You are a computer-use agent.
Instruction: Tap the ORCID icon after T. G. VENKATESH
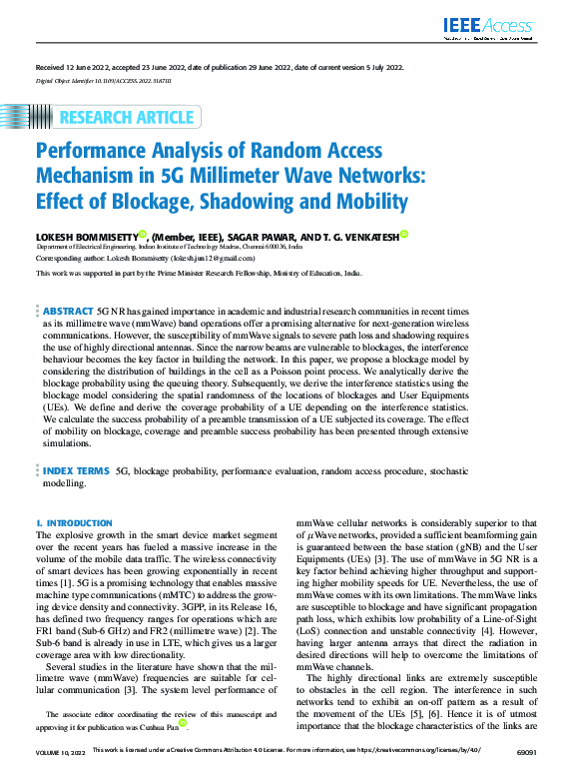[405, 233]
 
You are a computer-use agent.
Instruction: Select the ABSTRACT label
[69, 285]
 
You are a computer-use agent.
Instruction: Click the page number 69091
[524, 774]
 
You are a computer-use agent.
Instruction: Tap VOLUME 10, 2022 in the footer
[59, 774]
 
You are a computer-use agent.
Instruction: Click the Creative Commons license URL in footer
[425, 774]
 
